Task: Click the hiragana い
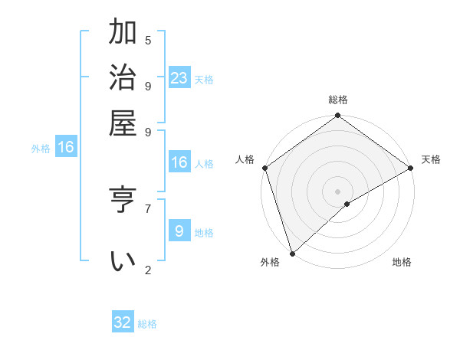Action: (123, 260)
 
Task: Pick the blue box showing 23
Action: (179, 78)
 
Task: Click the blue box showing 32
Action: (123, 322)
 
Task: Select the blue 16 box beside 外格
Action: (66, 147)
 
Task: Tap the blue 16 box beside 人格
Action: (179, 162)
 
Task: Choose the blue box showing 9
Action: (179, 231)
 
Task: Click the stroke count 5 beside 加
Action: (148, 41)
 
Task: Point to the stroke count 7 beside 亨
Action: (148, 208)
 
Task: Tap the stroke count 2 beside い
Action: (148, 270)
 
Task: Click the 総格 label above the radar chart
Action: (337, 100)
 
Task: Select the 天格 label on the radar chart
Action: (431, 159)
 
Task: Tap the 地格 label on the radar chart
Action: (402, 263)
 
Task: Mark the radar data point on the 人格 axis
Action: (264, 168)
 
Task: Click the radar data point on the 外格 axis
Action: (292, 253)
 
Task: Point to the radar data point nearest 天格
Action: (410, 168)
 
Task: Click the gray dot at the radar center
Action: (337, 191)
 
